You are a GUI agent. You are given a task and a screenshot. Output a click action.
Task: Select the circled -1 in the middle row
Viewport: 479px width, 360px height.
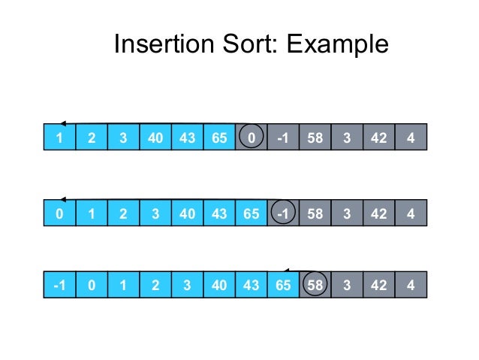tap(283, 213)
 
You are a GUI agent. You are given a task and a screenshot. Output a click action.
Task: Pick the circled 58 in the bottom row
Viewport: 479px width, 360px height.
tap(315, 286)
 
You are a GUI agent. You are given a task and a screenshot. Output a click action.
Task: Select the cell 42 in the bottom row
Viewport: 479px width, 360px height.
tap(379, 286)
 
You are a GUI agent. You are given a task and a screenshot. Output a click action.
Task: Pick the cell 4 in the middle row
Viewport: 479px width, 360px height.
tap(411, 213)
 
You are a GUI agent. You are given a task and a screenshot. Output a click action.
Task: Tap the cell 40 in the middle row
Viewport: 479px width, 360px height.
tap(187, 213)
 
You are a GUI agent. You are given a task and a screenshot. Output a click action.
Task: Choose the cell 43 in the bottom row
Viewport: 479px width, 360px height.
tap(251, 286)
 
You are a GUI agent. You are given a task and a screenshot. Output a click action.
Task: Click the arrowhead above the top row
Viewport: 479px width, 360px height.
tap(63, 123)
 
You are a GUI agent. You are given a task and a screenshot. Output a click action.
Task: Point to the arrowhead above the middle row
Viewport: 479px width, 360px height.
tap(63, 200)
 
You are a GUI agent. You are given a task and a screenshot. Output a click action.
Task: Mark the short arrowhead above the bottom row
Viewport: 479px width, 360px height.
tap(287, 271)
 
